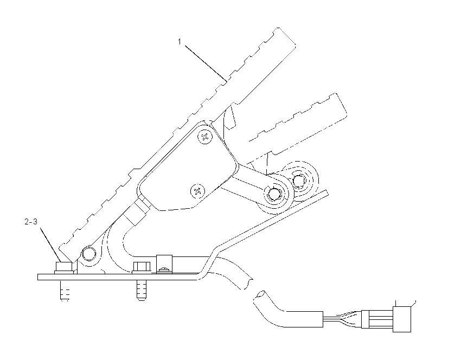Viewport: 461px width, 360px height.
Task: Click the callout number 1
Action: [180, 42]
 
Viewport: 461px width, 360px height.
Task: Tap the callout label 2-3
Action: [31, 222]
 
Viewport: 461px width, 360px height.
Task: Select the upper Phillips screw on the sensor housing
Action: [205, 137]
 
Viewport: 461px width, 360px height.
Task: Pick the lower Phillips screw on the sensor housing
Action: [198, 191]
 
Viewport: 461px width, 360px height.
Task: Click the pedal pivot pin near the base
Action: [89, 253]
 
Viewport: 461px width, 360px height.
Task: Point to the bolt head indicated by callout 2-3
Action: [64, 267]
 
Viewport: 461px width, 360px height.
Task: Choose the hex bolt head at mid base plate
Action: [142, 267]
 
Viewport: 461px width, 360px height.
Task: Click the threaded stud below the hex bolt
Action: [142, 290]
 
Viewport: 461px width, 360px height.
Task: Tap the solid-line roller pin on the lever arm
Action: [274, 194]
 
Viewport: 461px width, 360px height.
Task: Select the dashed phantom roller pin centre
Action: [299, 180]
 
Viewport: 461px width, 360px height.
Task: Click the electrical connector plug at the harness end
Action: [401, 319]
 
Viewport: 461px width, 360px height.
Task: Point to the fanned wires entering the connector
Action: [343, 319]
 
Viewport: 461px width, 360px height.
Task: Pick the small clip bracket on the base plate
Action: [164, 264]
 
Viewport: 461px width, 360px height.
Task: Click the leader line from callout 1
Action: [206, 63]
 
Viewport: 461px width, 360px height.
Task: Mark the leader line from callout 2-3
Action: [50, 245]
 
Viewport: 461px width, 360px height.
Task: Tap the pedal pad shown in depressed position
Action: [298, 124]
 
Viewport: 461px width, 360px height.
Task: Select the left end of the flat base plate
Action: [38, 277]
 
